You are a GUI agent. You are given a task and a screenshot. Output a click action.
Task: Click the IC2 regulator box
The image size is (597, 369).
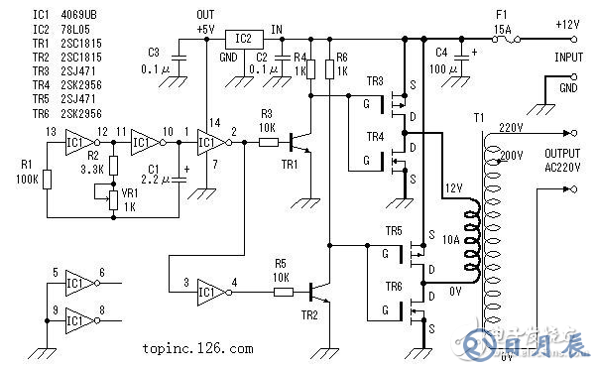(x=244, y=39)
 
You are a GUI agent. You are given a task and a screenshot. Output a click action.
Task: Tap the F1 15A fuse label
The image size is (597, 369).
(x=503, y=24)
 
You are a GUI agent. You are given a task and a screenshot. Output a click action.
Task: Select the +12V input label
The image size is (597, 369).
(x=569, y=23)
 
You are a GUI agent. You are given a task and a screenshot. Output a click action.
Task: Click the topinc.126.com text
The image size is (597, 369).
(x=196, y=349)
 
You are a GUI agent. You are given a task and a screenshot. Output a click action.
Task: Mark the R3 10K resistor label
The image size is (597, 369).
(x=267, y=121)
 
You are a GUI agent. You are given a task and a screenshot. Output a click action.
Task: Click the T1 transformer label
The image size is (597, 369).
(x=480, y=118)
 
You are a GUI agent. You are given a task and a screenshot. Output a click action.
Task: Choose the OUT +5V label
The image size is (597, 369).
(x=205, y=23)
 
